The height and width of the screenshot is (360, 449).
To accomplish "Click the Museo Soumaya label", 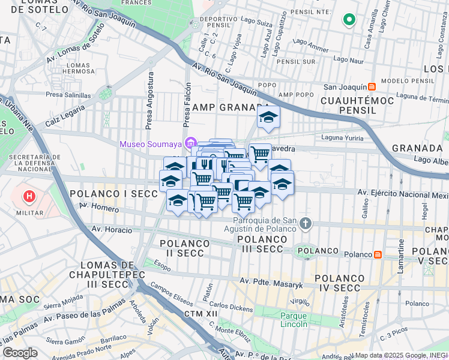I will [x=151, y=144].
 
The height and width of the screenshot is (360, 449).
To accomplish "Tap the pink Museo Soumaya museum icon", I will [x=191, y=143].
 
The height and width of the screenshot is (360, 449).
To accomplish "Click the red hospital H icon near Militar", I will [x=28, y=196].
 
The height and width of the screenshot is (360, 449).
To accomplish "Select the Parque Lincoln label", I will [x=294, y=320].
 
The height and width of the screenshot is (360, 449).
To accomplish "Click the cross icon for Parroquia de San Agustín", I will [x=306, y=224].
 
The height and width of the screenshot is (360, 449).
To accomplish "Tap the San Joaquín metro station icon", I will [x=372, y=86].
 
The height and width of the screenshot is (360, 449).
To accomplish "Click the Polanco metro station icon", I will [x=378, y=254].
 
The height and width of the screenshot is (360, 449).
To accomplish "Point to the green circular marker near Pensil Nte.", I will [x=349, y=20].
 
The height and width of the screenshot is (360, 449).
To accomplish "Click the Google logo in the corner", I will [x=20, y=353].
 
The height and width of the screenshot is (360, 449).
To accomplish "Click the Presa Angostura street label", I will [x=149, y=100].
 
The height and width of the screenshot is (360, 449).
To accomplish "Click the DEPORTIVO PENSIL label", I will [x=217, y=23].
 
